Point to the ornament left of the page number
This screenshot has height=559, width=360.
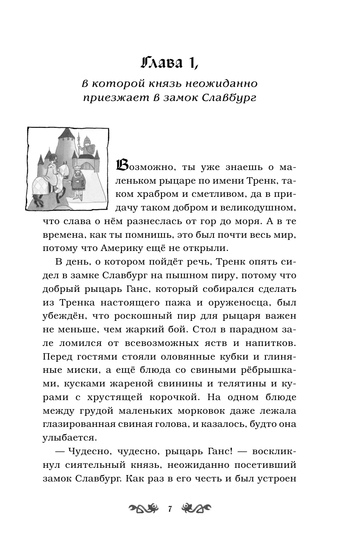click(x=143, y=508)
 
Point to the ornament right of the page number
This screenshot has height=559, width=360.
click(x=196, y=508)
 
